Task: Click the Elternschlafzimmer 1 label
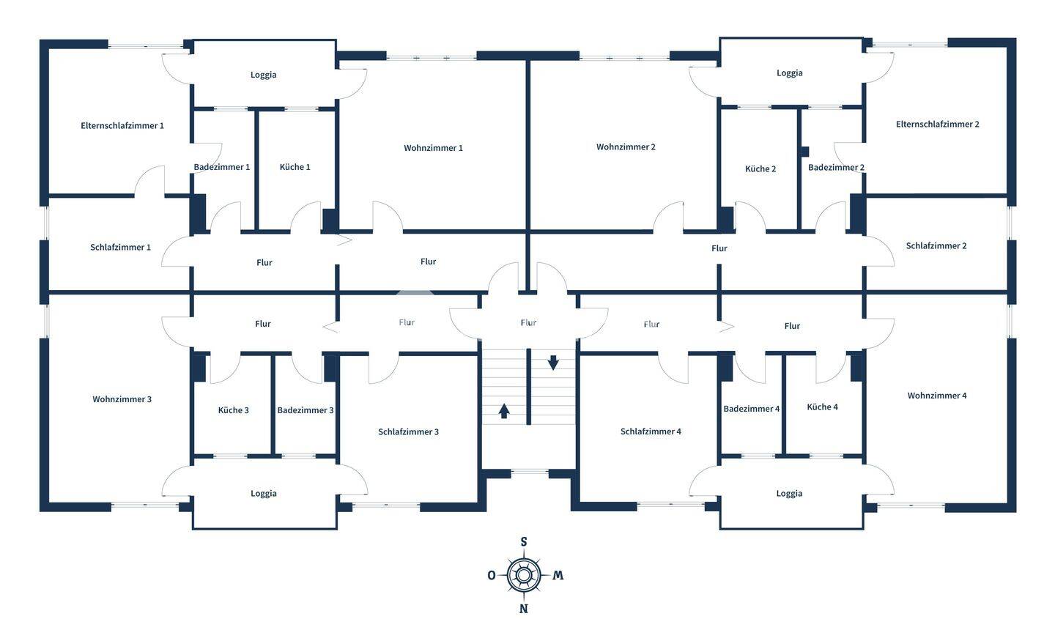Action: point(122,126)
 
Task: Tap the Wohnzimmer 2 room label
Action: point(626,147)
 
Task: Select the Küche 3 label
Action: point(233,410)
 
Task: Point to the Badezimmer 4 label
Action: point(751,409)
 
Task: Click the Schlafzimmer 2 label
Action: point(936,246)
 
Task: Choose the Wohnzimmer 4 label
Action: point(936,396)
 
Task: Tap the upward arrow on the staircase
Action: point(504,410)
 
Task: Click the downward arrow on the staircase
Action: point(553,362)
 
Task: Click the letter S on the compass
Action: point(523,542)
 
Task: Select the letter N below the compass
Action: point(523,609)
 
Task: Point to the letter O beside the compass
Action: point(491,575)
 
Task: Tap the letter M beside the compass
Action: point(558,575)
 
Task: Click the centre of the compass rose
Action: point(523,575)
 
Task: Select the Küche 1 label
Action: point(295,167)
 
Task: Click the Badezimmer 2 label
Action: point(836,168)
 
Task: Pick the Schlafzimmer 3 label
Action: point(408,432)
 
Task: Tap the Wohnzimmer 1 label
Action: point(433,149)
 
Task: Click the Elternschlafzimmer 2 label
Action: point(937,125)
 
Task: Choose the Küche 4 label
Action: point(822,407)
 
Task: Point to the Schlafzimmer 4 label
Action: point(651,431)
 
